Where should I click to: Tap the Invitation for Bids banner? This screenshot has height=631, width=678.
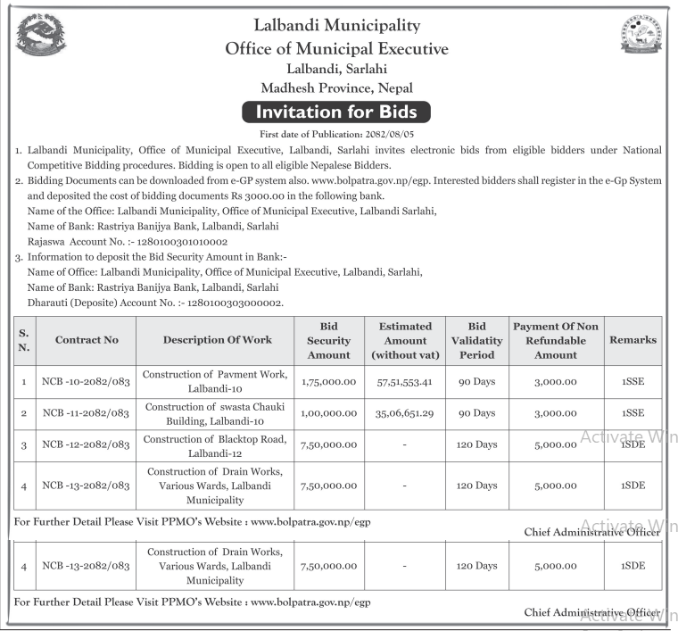tap(337, 112)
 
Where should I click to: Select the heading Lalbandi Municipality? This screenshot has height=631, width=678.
tap(337, 26)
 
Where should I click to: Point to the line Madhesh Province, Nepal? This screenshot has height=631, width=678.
tap(337, 87)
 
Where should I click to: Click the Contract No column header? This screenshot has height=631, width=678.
tap(87, 340)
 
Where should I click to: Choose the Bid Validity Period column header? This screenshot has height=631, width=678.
tap(476, 340)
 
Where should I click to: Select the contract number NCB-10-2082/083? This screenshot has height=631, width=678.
tap(86, 382)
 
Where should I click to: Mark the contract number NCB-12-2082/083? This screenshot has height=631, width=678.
tap(86, 444)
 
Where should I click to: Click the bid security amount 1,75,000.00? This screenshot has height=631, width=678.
tap(328, 382)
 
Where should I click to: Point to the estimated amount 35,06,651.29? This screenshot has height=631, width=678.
tap(405, 414)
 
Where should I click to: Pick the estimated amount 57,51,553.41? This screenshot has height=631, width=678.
tap(405, 382)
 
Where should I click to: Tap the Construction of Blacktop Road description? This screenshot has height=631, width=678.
tap(216, 444)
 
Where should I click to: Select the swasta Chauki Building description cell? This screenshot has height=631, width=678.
tap(216, 414)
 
